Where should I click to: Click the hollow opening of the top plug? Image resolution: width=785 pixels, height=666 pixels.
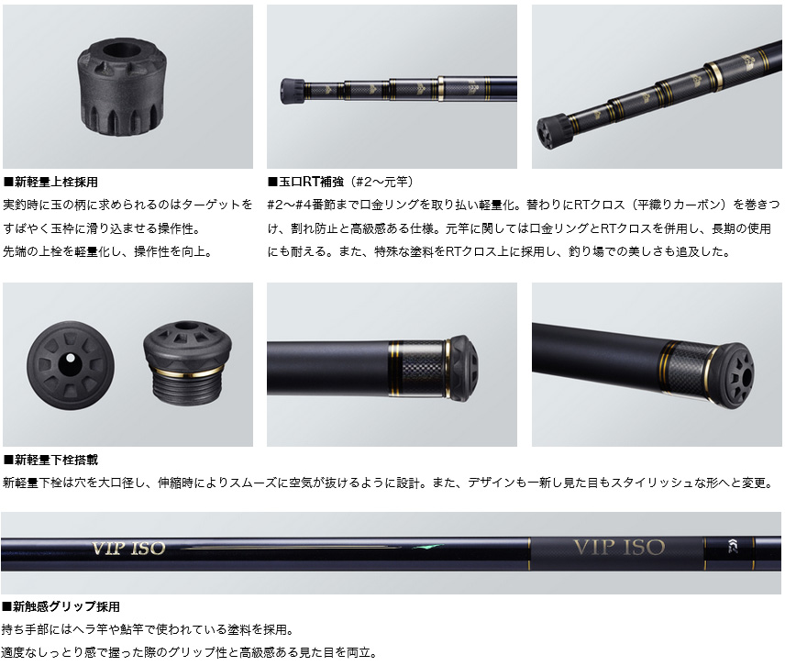click(x=119, y=50)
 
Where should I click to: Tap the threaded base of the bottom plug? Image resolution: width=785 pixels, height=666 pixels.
click(x=188, y=389)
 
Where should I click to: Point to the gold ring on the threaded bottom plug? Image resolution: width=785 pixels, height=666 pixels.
click(x=188, y=372)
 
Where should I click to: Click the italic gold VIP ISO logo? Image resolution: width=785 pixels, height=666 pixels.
click(x=128, y=549)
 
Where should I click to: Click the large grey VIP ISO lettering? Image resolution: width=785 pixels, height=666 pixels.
click(x=619, y=547)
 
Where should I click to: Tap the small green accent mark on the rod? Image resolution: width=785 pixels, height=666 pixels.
click(x=427, y=547)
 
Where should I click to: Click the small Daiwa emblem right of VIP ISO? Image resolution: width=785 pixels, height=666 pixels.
click(x=734, y=547)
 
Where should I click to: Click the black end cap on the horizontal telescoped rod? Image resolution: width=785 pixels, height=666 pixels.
click(x=292, y=91)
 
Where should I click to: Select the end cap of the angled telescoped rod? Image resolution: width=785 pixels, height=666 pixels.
click(x=553, y=132)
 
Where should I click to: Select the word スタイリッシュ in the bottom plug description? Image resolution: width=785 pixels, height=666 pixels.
click(x=641, y=483)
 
